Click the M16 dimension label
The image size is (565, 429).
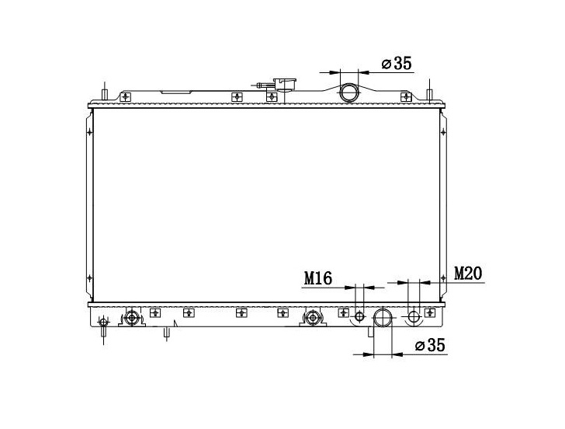[x=318, y=278]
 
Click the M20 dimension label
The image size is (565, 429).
[x=468, y=273]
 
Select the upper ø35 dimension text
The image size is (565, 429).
[x=396, y=64]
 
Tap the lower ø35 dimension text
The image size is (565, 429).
[x=430, y=345]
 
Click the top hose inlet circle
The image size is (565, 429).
[x=349, y=92]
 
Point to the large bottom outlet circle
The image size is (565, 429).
[x=383, y=318]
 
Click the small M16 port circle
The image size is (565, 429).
[x=359, y=316]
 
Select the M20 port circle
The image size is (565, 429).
[x=414, y=317]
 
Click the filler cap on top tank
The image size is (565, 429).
[x=284, y=85]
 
